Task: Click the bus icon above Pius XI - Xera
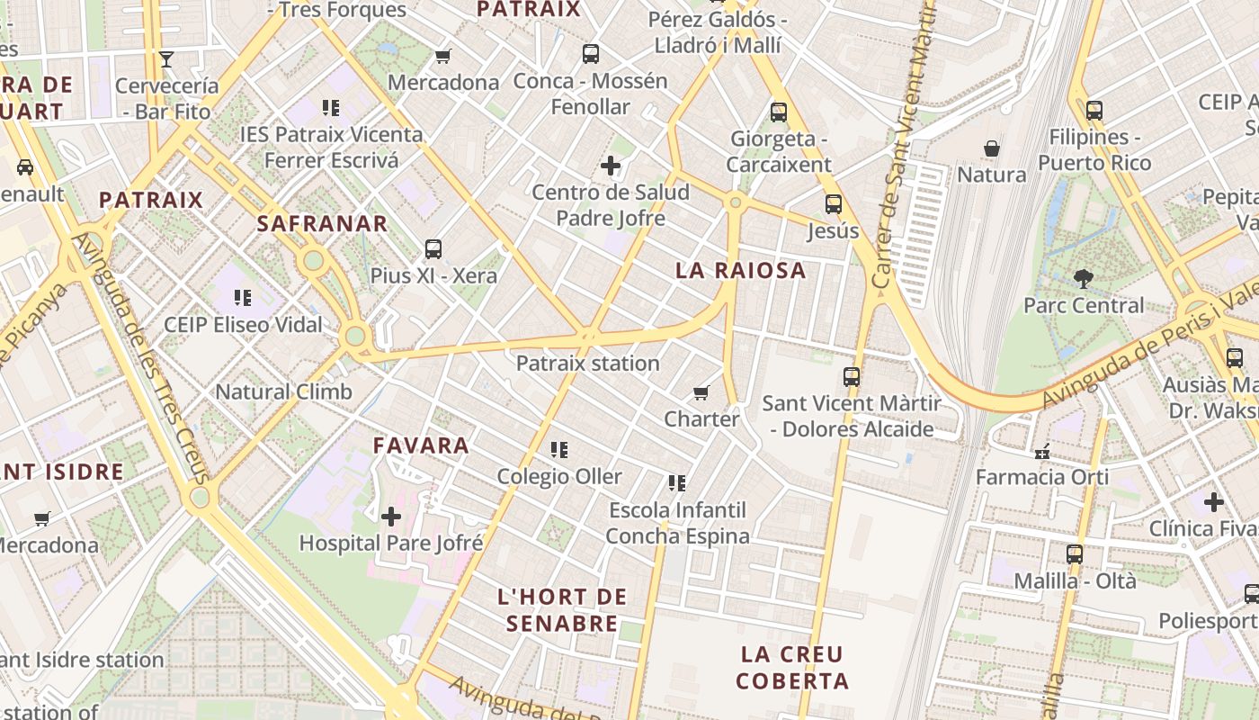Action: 433,249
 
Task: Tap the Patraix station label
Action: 587,364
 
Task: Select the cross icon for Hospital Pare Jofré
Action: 391,517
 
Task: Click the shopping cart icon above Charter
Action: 701,392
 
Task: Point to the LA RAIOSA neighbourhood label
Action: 741,271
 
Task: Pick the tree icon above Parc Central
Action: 1084,279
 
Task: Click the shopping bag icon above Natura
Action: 992,148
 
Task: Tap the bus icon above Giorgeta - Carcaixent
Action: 779,112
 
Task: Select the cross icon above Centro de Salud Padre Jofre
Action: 611,166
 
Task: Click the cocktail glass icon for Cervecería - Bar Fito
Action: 166,59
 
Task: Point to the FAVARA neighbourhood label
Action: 421,445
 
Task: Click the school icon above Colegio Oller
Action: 559,449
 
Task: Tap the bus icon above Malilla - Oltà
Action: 1075,554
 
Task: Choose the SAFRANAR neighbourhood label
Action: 322,224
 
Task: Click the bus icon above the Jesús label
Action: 834,204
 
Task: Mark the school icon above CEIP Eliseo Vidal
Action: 242,297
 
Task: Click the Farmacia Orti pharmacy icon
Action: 1042,451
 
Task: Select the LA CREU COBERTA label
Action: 792,667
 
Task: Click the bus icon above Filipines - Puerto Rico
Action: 1094,111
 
